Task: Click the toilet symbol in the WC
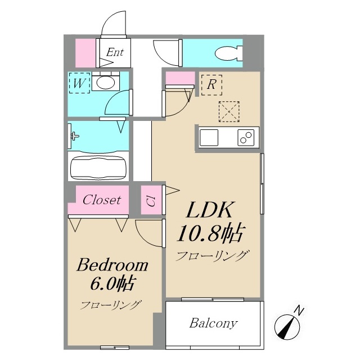coord(229,53)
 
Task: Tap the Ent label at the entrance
coord(115,52)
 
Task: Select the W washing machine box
coord(79,83)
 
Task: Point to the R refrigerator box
coord(211,85)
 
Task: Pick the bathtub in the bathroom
coord(98,168)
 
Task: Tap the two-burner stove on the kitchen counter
coord(246,137)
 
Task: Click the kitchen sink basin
coord(209,137)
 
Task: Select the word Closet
coord(102,200)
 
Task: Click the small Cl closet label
coord(151,201)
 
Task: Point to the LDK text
coord(209,210)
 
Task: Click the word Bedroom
coord(112,265)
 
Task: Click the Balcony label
coord(213,323)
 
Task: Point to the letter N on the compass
coord(299,310)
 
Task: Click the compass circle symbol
coord(287,327)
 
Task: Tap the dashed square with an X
coord(229,111)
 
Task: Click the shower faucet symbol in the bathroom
coord(75,136)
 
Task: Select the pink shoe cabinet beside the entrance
coord(85,53)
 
